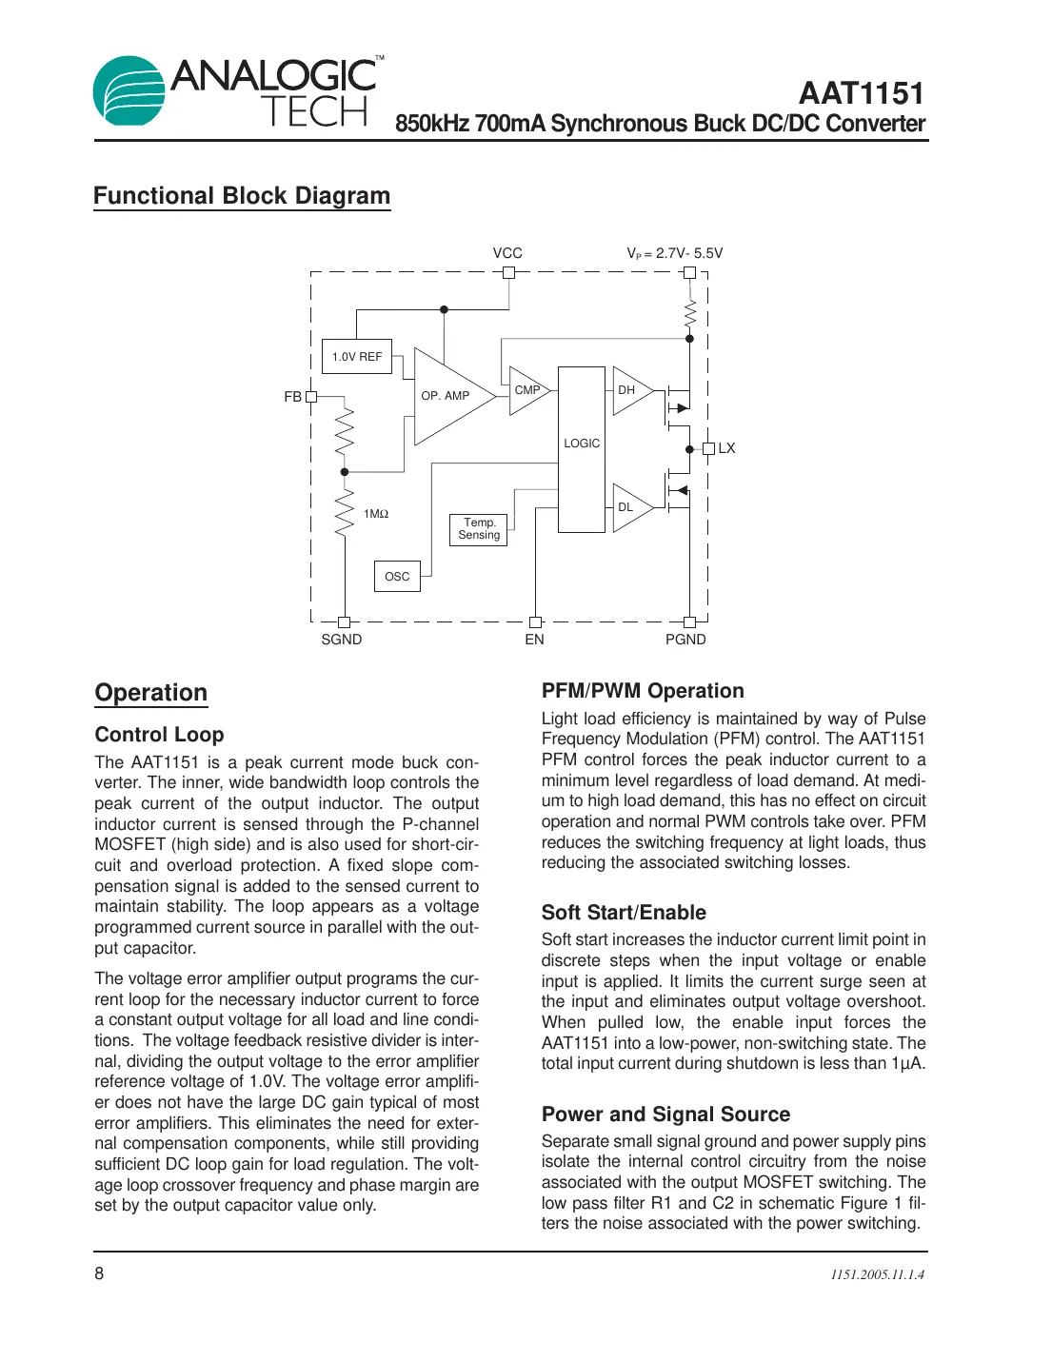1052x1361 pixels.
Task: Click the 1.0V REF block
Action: [357, 357]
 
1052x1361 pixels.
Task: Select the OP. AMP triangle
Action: [447, 396]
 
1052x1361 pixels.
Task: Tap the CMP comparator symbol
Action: [527, 390]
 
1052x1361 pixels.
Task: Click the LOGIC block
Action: [582, 444]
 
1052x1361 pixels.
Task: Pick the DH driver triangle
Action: [629, 390]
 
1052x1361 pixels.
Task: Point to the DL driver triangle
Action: [628, 507]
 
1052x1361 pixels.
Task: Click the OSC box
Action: [397, 577]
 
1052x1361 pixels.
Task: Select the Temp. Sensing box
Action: [479, 529]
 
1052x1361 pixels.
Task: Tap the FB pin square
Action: [311, 397]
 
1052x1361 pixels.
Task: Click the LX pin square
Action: [708, 448]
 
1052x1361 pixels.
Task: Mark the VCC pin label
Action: [507, 253]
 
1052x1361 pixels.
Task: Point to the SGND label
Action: [342, 640]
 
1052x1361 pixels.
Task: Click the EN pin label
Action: [535, 640]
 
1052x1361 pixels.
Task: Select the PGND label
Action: [685, 640]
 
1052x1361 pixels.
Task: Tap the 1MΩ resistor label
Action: [376, 514]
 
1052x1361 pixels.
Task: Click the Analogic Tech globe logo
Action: [129, 91]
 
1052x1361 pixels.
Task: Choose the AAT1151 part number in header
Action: [862, 93]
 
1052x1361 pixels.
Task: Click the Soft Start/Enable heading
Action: [624, 913]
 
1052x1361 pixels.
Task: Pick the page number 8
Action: [99, 1273]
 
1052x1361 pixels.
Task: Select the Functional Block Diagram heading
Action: [242, 196]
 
